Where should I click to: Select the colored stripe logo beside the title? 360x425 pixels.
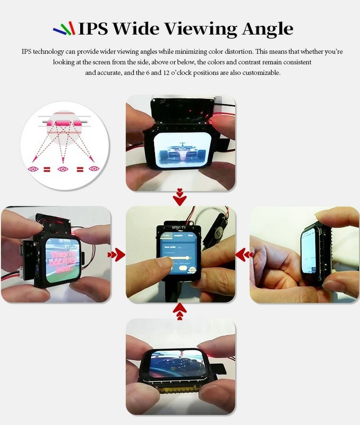tap(64, 29)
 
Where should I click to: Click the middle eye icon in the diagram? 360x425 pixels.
tap(63, 169)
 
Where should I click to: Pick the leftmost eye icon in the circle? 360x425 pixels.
tap(33, 169)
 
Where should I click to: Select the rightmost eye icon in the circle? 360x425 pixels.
tap(94, 169)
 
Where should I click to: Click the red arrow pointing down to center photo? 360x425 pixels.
tap(180, 197)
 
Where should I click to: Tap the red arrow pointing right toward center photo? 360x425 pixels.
tap(116, 255)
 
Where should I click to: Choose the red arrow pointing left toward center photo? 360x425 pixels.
tap(244, 255)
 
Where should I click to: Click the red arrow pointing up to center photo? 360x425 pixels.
tap(180, 312)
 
